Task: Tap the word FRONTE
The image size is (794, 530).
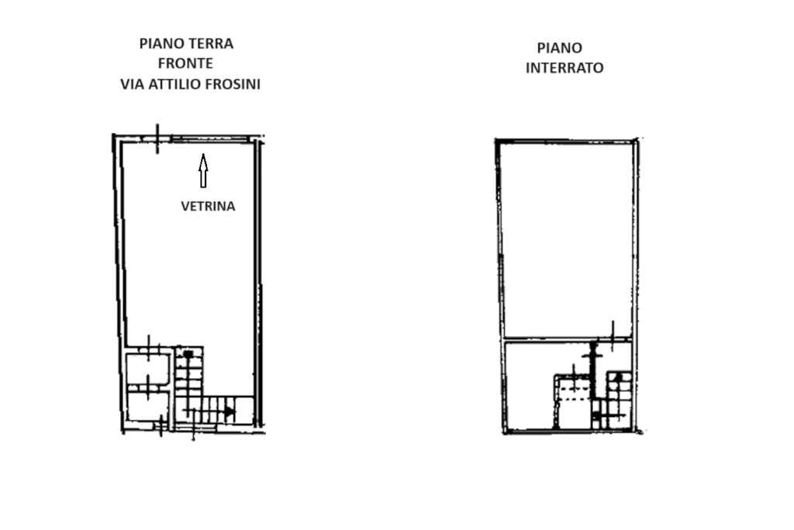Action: click(185, 64)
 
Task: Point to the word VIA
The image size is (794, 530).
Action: click(132, 84)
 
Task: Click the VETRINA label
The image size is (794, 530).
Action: click(208, 207)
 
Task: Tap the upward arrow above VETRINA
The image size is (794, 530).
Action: click(203, 170)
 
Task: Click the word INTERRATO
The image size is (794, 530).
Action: click(564, 68)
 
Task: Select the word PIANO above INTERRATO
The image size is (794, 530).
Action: click(560, 48)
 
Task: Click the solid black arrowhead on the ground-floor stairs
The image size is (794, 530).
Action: click(230, 411)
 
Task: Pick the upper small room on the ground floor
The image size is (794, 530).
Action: click(148, 370)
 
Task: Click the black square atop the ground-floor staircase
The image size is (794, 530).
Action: click(188, 354)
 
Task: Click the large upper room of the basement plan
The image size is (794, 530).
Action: click(567, 240)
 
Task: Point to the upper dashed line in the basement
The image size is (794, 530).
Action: click(575, 386)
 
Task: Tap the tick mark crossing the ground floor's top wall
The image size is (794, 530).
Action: click(157, 139)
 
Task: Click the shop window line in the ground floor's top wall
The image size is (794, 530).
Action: click(209, 138)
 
